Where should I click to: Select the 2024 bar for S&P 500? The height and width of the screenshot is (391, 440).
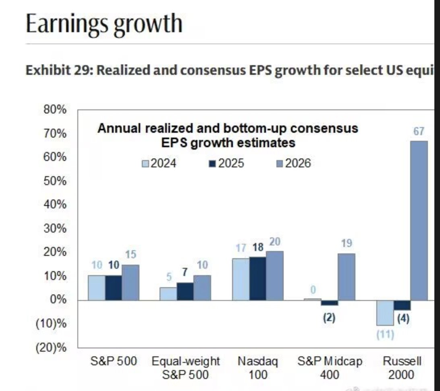[97, 288]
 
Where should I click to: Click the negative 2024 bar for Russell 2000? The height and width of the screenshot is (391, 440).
[385, 313]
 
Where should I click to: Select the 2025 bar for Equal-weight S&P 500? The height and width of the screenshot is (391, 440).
[185, 291]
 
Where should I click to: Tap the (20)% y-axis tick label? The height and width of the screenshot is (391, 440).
[51, 348]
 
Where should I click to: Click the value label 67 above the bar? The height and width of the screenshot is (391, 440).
[419, 132]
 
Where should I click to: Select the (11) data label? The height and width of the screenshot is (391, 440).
[385, 335]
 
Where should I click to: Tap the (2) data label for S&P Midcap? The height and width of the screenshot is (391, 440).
[329, 318]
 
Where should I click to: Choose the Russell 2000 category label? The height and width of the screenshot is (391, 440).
[401, 368]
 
